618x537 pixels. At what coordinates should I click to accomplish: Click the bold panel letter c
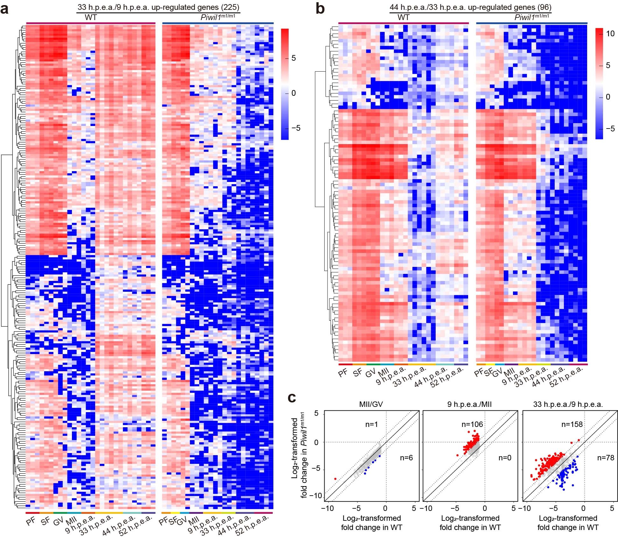pyautogui.click(x=292, y=398)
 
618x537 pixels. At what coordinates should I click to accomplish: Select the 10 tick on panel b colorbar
pyautogui.click(x=610, y=33)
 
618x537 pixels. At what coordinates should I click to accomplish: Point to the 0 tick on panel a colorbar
pyautogui.click(x=293, y=93)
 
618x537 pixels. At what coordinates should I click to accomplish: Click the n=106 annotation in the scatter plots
pyautogui.click(x=472, y=424)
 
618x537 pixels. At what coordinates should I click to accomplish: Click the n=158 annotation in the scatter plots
pyautogui.click(x=572, y=424)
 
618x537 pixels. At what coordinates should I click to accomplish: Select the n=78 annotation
pyautogui.click(x=605, y=458)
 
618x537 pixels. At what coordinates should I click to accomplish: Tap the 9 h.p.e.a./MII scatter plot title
pyautogui.click(x=470, y=404)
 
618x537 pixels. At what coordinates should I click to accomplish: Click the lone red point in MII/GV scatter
pyautogui.click(x=335, y=478)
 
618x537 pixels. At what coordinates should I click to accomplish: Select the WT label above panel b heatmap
pyautogui.click(x=403, y=17)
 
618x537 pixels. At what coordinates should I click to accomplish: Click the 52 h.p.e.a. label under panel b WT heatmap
pyautogui.click(x=447, y=378)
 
